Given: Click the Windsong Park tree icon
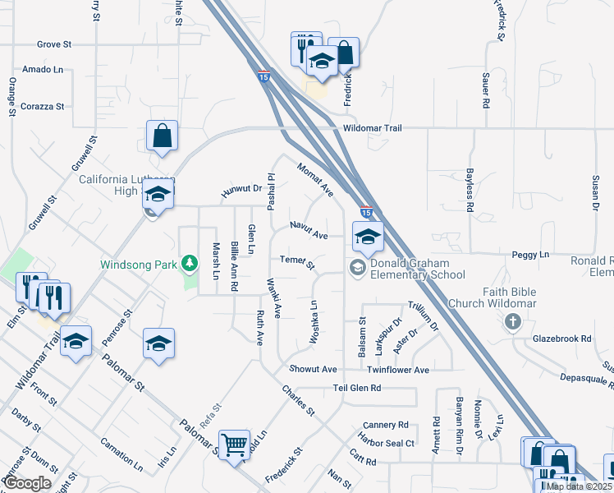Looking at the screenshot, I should (190, 263).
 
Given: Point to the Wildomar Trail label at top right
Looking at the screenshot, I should (373, 128).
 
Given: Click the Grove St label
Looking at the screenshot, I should (55, 44).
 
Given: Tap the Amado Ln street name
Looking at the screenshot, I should (43, 70).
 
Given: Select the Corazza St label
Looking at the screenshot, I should (43, 107).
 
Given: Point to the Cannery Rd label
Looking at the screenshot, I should (385, 425).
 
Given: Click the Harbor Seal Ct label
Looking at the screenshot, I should (387, 443).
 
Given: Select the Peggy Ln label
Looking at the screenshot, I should (532, 256).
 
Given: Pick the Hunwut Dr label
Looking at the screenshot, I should (241, 191).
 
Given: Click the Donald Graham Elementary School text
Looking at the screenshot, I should (418, 270).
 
